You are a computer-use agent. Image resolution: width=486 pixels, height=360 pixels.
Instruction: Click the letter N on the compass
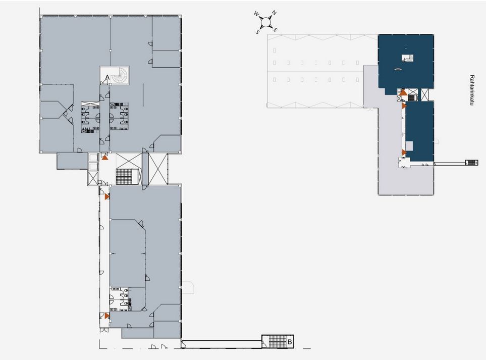coord(274,13)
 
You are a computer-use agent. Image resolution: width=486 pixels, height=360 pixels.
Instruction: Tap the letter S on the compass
coord(257,32)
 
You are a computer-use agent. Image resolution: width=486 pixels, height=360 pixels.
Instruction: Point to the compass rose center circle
coord(265,22)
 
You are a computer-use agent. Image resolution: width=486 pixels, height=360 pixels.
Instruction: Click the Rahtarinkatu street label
coord(472,90)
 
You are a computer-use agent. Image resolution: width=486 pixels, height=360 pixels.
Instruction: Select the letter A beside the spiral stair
coord(107,77)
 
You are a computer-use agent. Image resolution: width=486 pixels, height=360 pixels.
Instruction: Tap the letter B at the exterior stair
coord(290,342)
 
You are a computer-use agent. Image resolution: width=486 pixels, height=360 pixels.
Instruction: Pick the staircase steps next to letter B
coord(278,342)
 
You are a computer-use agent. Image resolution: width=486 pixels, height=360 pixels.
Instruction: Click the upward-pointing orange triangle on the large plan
coord(105,158)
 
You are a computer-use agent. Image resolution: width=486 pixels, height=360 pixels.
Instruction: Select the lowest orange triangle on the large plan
coord(107,316)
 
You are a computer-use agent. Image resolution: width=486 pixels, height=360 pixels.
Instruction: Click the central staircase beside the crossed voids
coord(127,177)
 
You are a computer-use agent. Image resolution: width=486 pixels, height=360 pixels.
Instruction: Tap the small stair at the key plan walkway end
coord(471,163)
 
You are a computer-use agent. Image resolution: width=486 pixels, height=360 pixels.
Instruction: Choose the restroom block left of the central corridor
coord(90,118)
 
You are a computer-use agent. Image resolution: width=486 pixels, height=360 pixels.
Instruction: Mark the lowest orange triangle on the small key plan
coord(404,152)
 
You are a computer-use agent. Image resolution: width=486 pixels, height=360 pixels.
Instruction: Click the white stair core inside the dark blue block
coord(408,58)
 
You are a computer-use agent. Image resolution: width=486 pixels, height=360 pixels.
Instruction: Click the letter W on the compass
coord(256,14)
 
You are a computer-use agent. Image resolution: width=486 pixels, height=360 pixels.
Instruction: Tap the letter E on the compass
coord(275,30)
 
